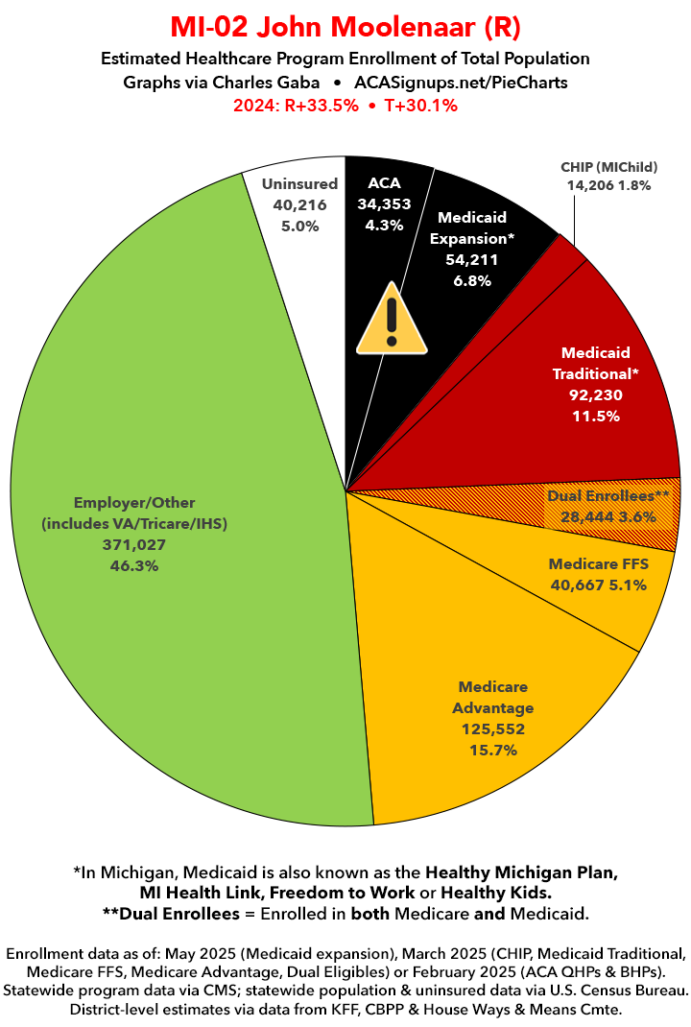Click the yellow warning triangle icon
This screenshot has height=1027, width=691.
point(392,318)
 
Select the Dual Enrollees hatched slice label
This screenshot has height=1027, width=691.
point(608,496)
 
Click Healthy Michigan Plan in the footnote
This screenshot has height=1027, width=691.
point(521,873)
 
